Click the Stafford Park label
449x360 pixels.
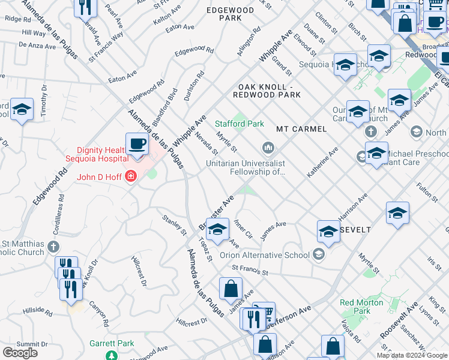click(x=240, y=124)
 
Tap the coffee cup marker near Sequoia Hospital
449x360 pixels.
click(x=137, y=145)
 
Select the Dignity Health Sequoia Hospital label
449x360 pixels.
click(x=103, y=154)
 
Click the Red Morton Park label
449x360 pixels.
click(x=363, y=307)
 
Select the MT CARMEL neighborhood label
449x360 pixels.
click(x=301, y=129)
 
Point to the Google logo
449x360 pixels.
click(x=20, y=352)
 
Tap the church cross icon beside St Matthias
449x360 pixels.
click(x=53, y=246)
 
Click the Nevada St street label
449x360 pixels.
click(x=205, y=142)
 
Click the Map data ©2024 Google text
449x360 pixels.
click(x=412, y=355)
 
